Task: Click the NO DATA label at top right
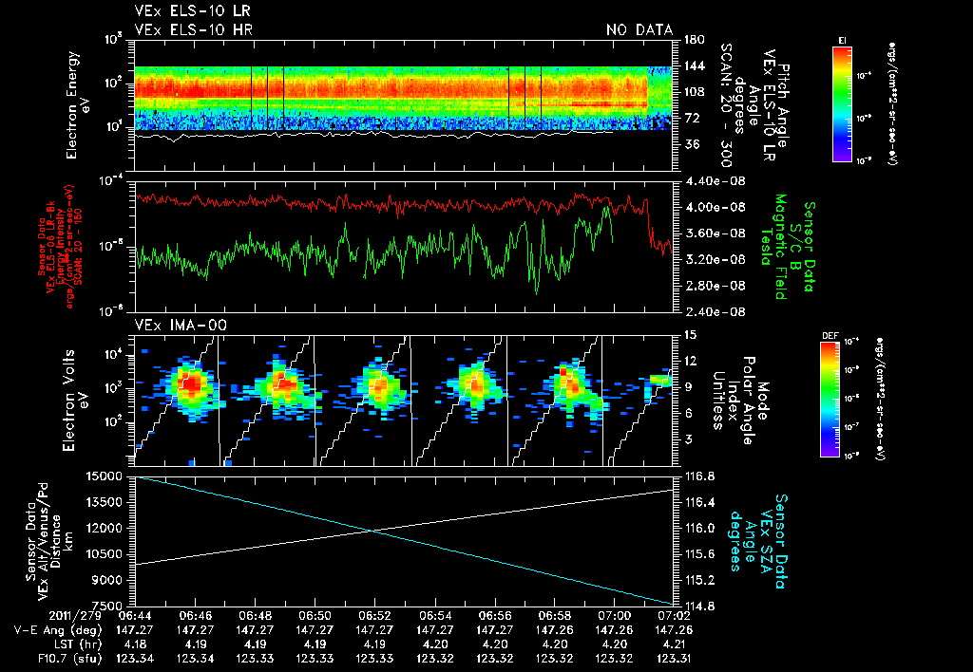pos(639,29)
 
